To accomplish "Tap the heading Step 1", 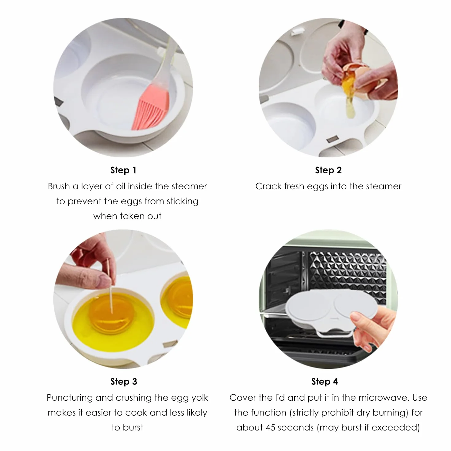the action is coord(123,170).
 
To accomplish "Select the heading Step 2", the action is coord(328,170).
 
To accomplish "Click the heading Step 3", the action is coord(124,381).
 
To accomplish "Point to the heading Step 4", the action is coord(325,381).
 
